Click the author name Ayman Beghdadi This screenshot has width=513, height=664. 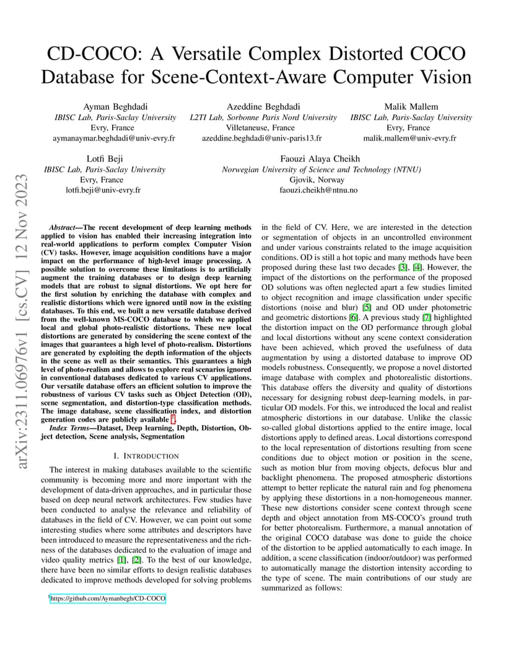coord(115,107)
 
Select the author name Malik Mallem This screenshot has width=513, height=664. coord(411,107)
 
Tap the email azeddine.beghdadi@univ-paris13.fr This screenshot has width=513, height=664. coord(262,138)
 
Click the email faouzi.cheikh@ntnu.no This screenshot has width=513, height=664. coord(318,190)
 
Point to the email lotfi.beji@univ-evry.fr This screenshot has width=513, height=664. coord(103,190)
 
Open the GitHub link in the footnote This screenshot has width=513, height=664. coord(108,599)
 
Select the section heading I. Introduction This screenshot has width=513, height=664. coord(146,439)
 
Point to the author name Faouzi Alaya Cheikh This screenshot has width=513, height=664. coord(320,159)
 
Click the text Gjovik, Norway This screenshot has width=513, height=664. coord(318,180)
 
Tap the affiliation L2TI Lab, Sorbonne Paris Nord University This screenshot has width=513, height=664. coord(263,117)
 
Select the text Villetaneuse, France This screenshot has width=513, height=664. coord(262,128)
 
